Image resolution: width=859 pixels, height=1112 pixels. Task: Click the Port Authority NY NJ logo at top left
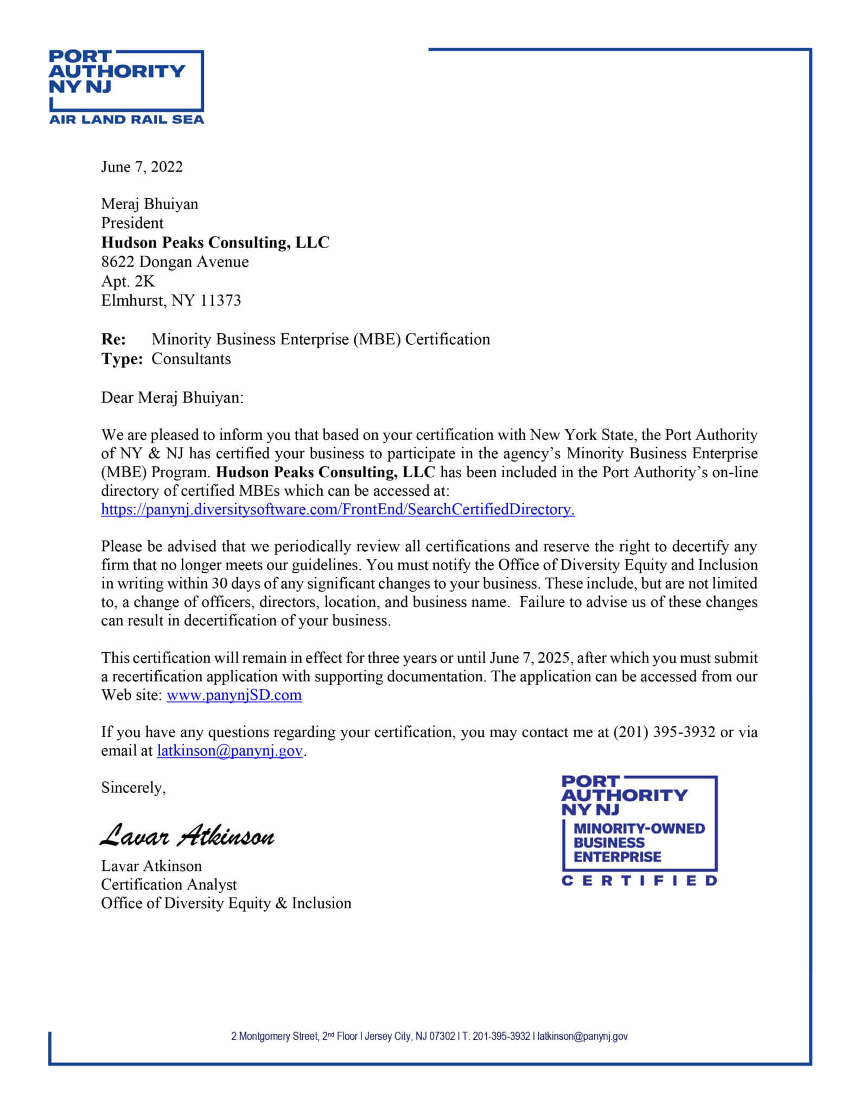(x=126, y=87)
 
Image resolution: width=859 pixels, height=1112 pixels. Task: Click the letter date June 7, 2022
(x=142, y=167)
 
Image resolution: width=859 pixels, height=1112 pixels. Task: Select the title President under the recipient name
(x=132, y=223)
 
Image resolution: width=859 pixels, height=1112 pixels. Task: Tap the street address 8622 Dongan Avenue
(x=175, y=262)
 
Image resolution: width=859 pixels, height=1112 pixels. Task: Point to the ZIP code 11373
(x=220, y=300)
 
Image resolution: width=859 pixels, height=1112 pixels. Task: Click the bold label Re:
(x=113, y=339)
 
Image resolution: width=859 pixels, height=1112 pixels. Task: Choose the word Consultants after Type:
(x=191, y=359)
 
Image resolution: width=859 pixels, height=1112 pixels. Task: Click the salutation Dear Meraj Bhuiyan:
(x=173, y=397)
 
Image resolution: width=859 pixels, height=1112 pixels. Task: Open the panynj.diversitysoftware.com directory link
(x=338, y=510)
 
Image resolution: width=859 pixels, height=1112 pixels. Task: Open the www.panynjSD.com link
(x=234, y=696)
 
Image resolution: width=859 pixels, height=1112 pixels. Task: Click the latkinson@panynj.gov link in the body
(x=230, y=751)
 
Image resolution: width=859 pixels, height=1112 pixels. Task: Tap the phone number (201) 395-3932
(x=664, y=732)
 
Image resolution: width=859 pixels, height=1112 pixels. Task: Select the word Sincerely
(x=133, y=788)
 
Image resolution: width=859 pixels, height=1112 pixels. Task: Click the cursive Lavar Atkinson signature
(x=187, y=837)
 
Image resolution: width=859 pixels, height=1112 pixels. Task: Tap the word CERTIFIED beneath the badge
(x=639, y=881)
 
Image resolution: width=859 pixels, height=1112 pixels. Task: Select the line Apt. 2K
(x=128, y=281)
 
